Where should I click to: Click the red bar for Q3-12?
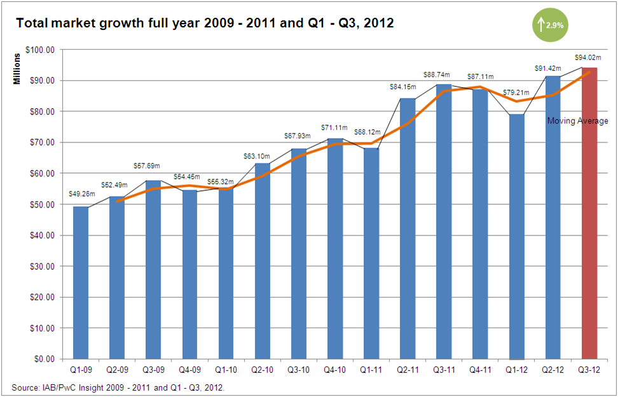point(589,213)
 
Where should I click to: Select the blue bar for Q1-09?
point(81,282)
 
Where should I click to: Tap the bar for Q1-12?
point(517,236)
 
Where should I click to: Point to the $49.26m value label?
point(81,194)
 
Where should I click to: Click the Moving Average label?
point(577,121)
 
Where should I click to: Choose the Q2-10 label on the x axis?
point(262,369)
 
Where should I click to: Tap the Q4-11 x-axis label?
point(480,369)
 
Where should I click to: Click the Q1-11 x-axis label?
point(371,369)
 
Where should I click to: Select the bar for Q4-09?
point(189,274)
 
